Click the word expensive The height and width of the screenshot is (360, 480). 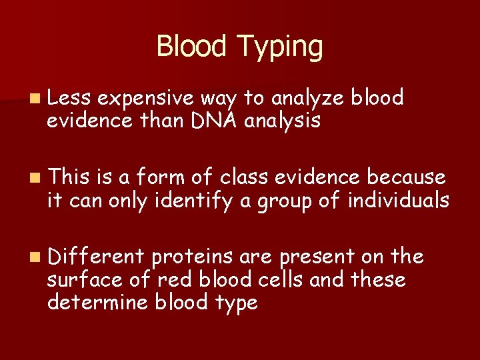coord(148,99)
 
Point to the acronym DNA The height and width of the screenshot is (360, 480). coord(209,121)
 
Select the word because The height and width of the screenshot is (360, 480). coord(408,177)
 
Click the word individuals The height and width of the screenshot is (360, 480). coord(398,199)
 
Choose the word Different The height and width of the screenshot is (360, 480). coord(96,256)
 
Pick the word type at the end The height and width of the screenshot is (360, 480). coord(233,303)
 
